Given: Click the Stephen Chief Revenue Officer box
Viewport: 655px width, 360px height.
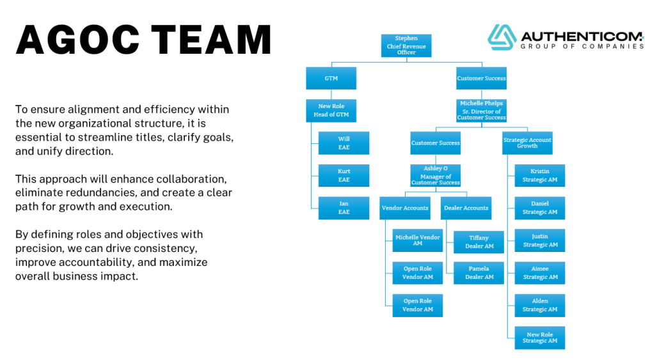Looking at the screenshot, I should pyautogui.click(x=406, y=45).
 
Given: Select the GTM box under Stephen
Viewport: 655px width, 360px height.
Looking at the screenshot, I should pyautogui.click(x=331, y=79).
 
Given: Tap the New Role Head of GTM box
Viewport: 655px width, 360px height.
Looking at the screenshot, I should pyautogui.click(x=330, y=111).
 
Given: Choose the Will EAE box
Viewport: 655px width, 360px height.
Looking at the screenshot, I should pyautogui.click(x=344, y=143).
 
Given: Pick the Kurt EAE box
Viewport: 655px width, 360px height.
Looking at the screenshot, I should pyautogui.click(x=344, y=176).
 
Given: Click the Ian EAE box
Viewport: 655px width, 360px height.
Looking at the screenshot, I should pyautogui.click(x=344, y=208).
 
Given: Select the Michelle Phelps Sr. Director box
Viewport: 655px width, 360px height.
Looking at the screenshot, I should pyautogui.click(x=481, y=111).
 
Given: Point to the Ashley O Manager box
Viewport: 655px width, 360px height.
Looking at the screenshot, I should pyautogui.click(x=435, y=176).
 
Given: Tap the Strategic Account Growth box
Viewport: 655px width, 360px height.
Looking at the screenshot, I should pyautogui.click(x=527, y=143).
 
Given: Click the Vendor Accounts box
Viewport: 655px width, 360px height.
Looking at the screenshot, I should pyautogui.click(x=405, y=208).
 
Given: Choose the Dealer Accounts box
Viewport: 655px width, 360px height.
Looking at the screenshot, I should pyautogui.click(x=466, y=208).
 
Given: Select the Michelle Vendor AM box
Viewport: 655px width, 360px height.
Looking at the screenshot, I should pyautogui.click(x=418, y=240).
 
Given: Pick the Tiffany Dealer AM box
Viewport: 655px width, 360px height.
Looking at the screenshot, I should pyautogui.click(x=479, y=242).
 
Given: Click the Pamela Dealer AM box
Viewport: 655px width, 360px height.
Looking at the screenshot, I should pyautogui.click(x=479, y=273).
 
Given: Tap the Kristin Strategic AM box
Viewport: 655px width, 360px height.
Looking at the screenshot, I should pyautogui.click(x=540, y=176).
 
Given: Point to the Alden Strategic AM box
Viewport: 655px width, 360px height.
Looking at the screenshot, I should pyautogui.click(x=540, y=305).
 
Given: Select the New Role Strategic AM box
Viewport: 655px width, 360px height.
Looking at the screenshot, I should pyautogui.click(x=540, y=338).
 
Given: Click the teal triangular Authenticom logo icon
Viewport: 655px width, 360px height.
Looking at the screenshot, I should pyautogui.click(x=502, y=37).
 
